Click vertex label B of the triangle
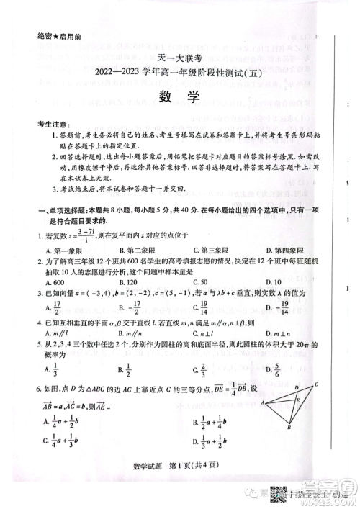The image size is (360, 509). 288,428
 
